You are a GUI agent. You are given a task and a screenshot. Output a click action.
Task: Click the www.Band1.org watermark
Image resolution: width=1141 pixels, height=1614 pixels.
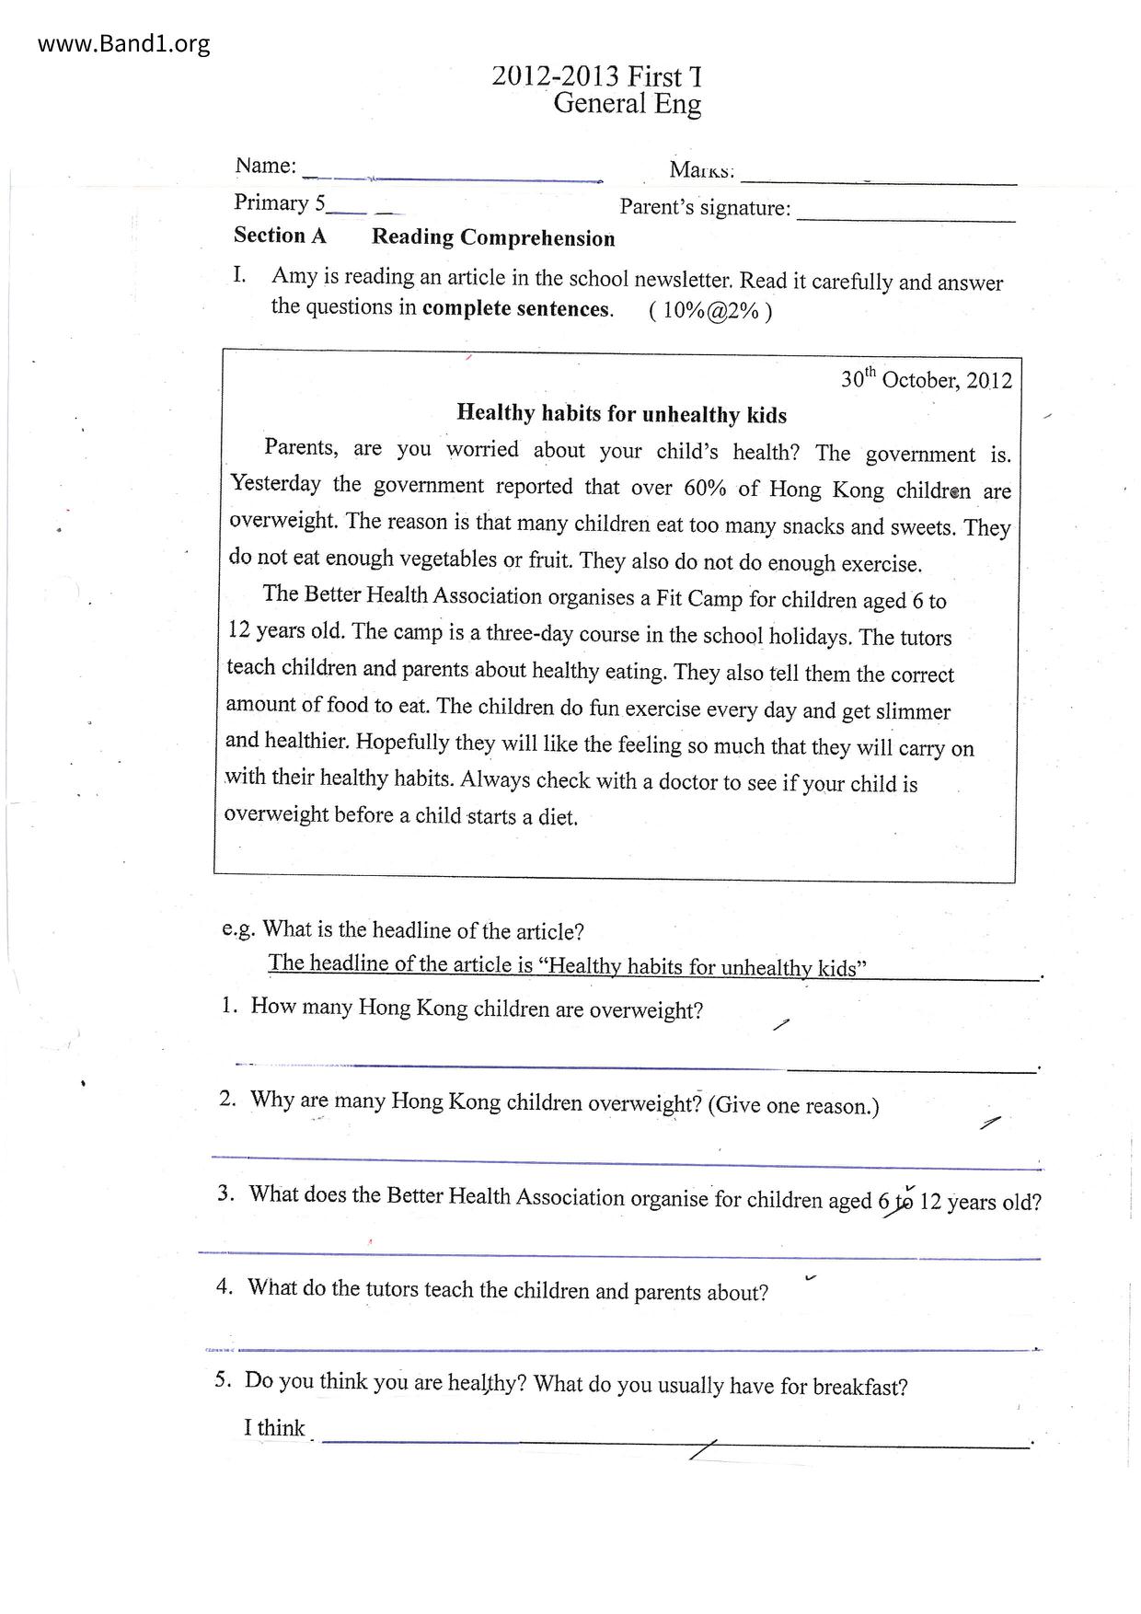coord(124,43)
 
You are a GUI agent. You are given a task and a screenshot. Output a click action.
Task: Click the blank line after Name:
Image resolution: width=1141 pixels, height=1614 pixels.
coord(451,176)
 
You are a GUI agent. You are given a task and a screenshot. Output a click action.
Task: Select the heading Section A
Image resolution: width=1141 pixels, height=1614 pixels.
coord(280,236)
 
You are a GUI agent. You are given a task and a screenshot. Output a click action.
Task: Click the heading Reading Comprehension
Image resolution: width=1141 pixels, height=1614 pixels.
coord(493,238)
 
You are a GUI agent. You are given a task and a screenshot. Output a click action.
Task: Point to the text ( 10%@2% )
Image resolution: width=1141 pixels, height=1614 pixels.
coord(710,311)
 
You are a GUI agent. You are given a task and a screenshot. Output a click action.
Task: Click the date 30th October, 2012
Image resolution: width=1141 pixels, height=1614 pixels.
coord(926,380)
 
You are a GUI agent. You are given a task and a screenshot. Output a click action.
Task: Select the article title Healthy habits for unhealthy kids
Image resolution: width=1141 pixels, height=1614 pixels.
coord(621,414)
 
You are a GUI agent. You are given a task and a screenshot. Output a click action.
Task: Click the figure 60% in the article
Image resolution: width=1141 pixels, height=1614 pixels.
coord(705,488)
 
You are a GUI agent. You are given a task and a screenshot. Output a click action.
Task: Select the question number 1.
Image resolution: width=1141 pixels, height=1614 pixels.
coord(229,1006)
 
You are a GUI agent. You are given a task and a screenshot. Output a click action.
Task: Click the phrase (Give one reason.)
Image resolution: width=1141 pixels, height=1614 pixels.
coord(793,1105)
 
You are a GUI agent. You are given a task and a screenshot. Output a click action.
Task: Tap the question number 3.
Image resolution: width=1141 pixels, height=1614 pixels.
coord(226,1193)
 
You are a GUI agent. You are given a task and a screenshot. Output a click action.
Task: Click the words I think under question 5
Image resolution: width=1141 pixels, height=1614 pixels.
coord(274,1427)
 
